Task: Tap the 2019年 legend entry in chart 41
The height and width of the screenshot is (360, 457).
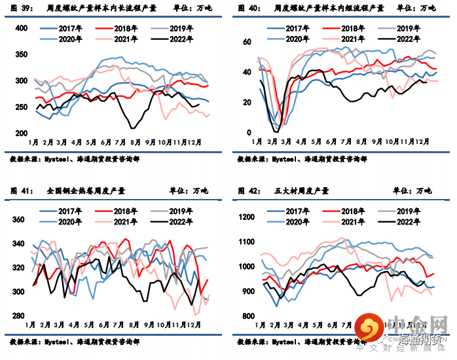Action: tap(181, 211)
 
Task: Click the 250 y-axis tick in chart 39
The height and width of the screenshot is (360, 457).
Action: tap(20, 107)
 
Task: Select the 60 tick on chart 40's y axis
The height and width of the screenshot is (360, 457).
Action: tap(247, 42)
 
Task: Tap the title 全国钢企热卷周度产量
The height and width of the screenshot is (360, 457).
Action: tap(86, 190)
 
